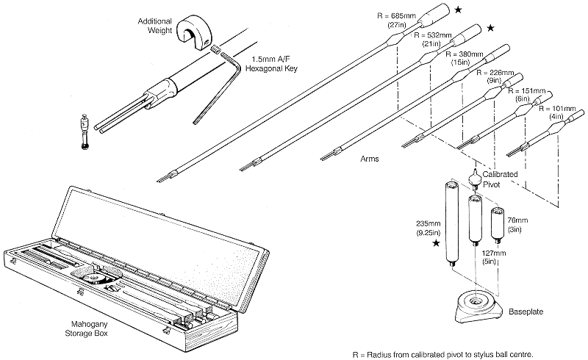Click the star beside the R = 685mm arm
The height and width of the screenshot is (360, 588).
[458, 10]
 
